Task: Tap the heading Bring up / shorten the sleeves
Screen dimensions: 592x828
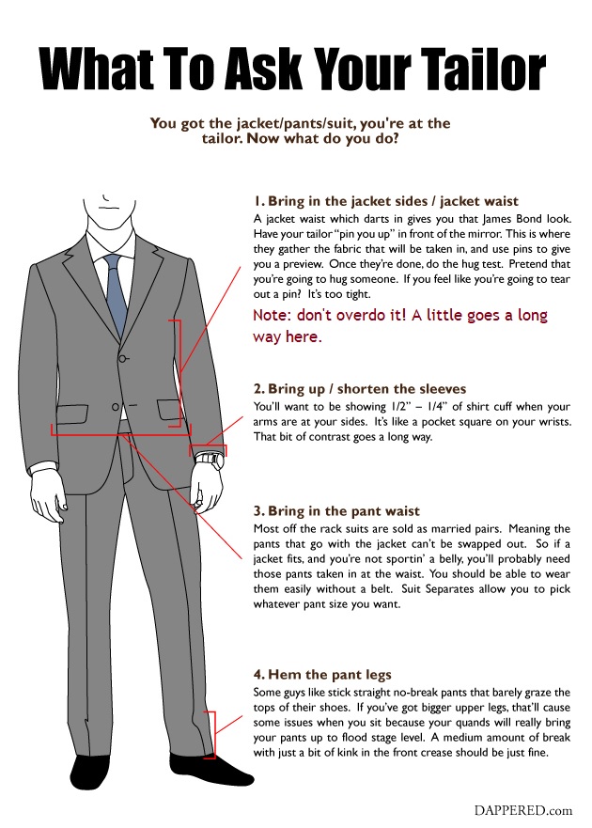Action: coord(360,389)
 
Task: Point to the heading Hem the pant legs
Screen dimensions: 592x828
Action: coord(322,674)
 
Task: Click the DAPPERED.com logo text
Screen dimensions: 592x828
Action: coord(522,809)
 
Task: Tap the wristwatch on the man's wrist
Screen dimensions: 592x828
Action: coord(210,460)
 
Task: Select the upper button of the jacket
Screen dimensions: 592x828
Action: coord(122,359)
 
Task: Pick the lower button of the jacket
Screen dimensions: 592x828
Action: coord(116,407)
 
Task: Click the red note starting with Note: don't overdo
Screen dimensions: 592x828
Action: coord(400,325)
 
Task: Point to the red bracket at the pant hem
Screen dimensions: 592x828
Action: coord(212,735)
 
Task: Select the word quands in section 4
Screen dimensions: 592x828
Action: coord(475,723)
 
